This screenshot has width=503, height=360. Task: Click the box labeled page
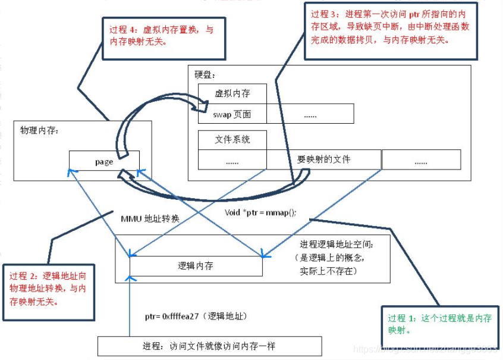(x=104, y=161)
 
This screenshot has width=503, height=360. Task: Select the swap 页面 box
(x=232, y=114)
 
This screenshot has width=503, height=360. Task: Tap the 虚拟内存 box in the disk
(x=232, y=93)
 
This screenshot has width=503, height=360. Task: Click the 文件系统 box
(x=232, y=140)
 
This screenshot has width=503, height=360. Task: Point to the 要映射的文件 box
(x=323, y=159)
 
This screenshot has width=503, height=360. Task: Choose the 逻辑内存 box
(x=196, y=266)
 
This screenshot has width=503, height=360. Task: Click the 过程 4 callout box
(x=164, y=37)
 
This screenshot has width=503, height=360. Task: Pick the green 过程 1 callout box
(x=441, y=325)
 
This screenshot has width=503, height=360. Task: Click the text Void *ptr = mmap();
(x=260, y=212)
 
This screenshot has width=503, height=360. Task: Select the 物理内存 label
(x=37, y=130)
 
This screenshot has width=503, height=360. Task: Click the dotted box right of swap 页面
(x=310, y=114)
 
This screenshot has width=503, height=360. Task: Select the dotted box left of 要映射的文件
(x=232, y=160)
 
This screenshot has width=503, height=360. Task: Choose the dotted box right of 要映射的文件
(x=421, y=160)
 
